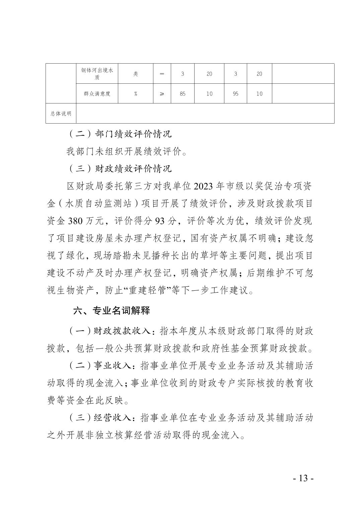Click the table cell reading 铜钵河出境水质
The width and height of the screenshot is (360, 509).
click(97, 74)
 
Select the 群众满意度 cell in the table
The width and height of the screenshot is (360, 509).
click(97, 94)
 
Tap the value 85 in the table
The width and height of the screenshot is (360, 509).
click(183, 94)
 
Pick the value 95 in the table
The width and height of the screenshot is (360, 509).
click(235, 94)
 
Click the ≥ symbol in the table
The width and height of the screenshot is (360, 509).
click(162, 94)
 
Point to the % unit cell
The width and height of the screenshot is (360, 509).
click(135, 94)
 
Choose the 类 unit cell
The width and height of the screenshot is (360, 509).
click(135, 74)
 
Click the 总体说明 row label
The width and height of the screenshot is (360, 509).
click(61, 114)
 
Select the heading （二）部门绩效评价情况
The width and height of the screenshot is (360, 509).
click(120, 134)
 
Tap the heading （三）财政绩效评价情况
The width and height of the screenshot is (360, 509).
click(120, 168)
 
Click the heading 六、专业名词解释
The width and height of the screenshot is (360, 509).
click(112, 311)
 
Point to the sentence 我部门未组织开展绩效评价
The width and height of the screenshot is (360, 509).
click(127, 151)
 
